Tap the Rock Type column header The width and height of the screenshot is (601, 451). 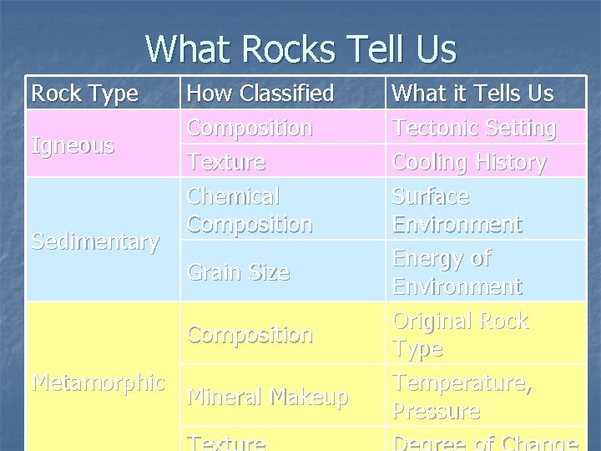[84, 94]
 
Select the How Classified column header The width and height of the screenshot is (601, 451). [260, 94]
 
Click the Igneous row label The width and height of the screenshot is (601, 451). [73, 145]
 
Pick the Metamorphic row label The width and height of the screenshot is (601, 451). [98, 383]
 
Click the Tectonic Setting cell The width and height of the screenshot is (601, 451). [474, 128]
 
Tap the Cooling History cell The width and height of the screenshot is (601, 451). [469, 161]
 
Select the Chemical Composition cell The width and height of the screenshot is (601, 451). [250, 210]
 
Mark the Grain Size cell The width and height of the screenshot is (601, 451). [239, 271]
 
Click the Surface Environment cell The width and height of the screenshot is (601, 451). [457, 210]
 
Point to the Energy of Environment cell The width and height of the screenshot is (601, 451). [457, 272]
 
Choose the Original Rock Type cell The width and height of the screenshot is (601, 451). [460, 334]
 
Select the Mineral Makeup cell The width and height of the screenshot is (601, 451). [267, 397]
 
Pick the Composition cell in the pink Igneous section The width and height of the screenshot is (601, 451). [250, 128]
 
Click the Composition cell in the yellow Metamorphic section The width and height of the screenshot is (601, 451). [250, 334]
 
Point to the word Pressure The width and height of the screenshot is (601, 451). [436, 411]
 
